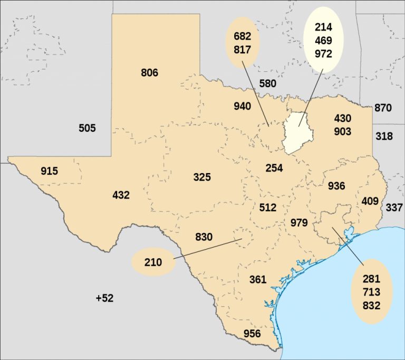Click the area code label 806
pos(149,73)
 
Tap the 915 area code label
pos(49,171)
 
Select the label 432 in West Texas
pos(121,195)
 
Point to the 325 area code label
pos(202,177)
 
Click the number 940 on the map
pos(242,106)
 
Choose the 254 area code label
pos(274,168)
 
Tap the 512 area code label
pos(268,207)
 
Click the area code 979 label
pos(299,223)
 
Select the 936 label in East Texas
pos(336,186)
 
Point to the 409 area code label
pos(370,201)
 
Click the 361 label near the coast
pos(257,279)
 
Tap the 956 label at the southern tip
pos(252,333)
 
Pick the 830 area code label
pos(204,237)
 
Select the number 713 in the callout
pos(371,292)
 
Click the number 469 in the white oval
pos(323,41)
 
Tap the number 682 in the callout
pos(242,36)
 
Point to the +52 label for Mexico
pos(104,298)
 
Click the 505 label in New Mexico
pos(87,128)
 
